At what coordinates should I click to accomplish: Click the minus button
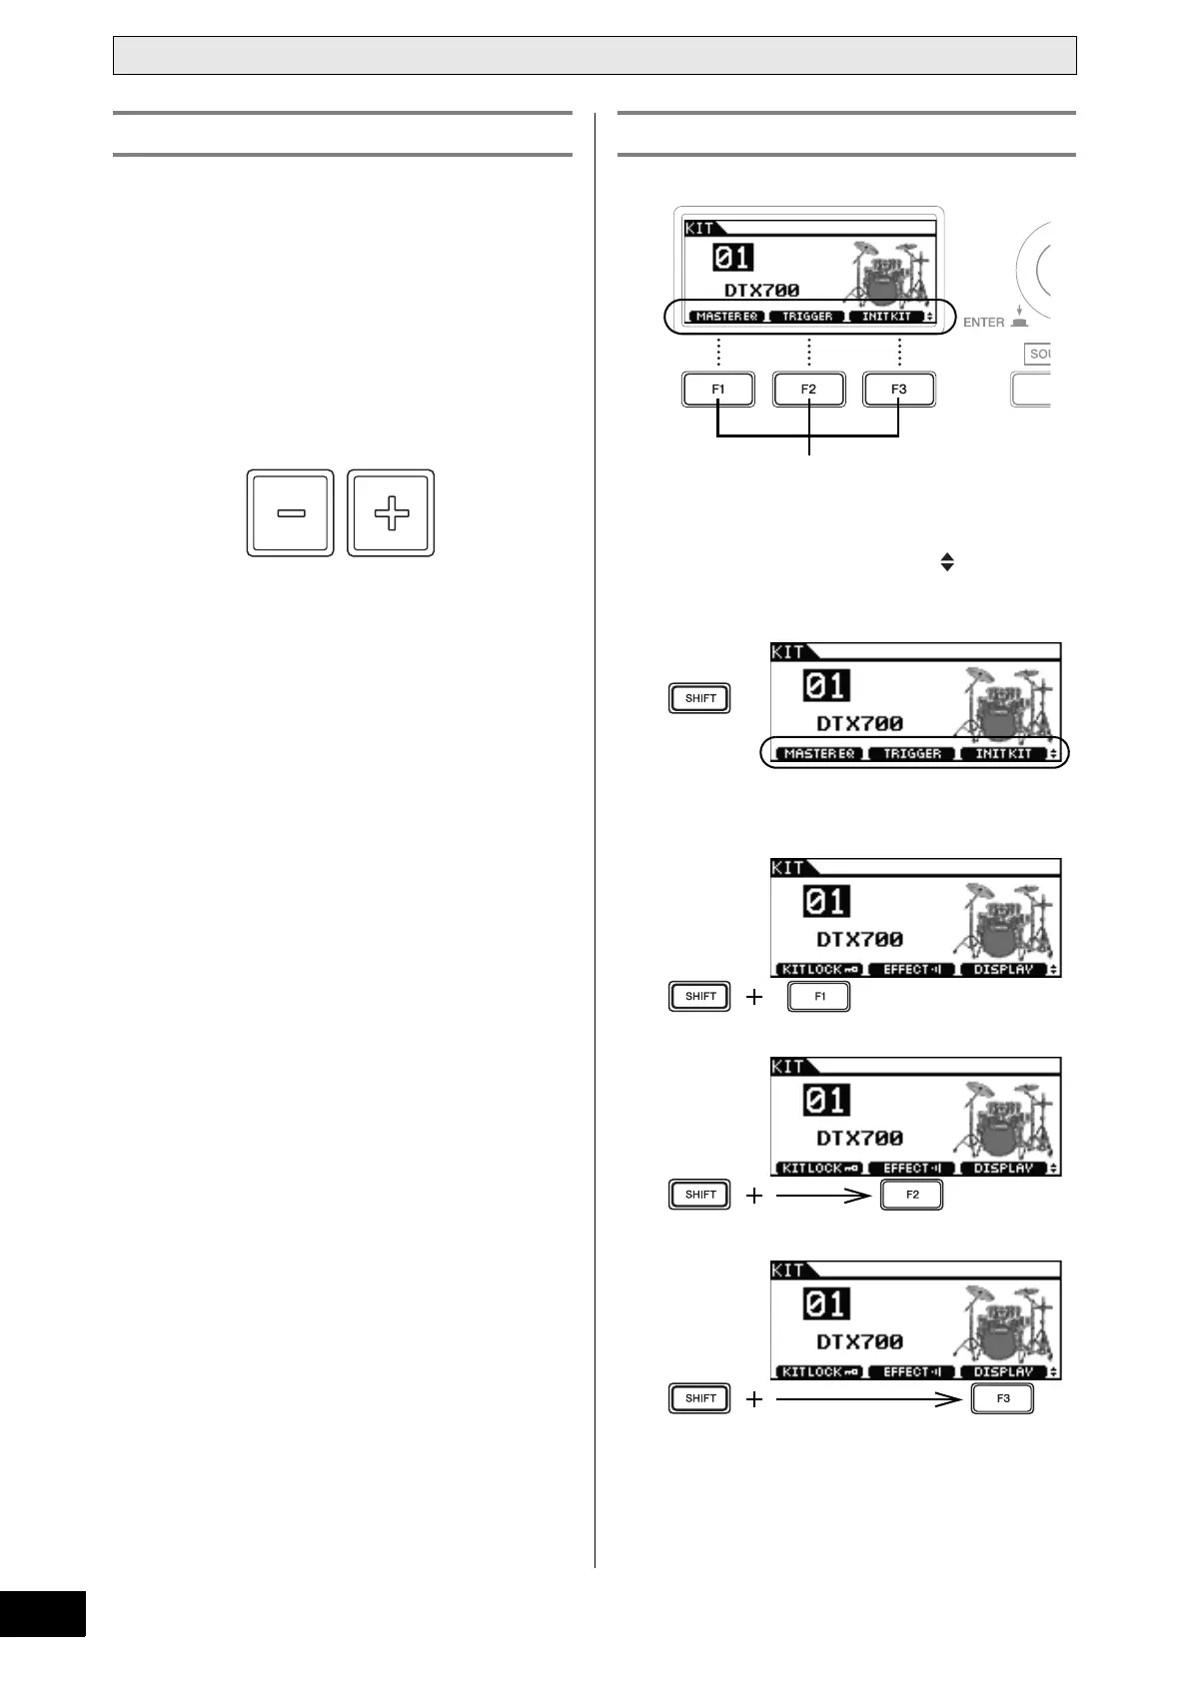(291, 513)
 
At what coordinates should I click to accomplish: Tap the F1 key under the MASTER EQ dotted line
(718, 389)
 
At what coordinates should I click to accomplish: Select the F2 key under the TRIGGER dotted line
(809, 389)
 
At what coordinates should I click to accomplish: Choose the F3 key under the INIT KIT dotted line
(899, 389)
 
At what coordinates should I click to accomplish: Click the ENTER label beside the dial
(984, 323)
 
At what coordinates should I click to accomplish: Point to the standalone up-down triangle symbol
(947, 562)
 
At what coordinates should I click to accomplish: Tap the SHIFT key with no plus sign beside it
(699, 698)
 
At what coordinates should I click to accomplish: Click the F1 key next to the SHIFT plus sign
(819, 996)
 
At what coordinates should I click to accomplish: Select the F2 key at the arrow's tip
(911, 1195)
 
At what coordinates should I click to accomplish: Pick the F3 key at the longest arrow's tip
(1002, 1398)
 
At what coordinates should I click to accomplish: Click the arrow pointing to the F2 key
(823, 1195)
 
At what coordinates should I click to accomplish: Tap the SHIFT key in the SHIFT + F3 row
(699, 1398)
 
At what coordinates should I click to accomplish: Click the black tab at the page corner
(43, 1628)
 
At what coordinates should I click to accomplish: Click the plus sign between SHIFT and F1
(754, 996)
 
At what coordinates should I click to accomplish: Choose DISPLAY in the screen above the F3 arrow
(1002, 1372)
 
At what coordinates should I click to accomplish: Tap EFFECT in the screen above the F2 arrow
(911, 1169)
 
